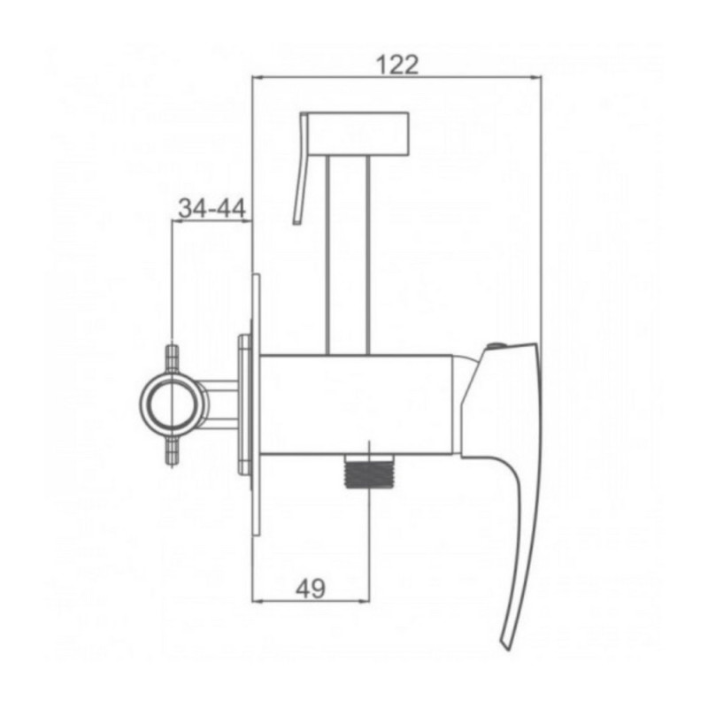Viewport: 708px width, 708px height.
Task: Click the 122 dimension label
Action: pos(397,65)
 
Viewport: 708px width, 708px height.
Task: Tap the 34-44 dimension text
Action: pos(212,208)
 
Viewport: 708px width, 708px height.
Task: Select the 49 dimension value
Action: pos(311,589)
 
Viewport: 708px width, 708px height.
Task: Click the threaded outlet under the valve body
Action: pos(369,471)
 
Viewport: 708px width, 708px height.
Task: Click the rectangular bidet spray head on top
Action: pos(358,134)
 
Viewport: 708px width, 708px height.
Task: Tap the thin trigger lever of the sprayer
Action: pos(301,168)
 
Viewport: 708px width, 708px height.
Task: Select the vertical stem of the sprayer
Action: pos(348,255)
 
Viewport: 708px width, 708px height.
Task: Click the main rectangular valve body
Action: pos(357,404)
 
